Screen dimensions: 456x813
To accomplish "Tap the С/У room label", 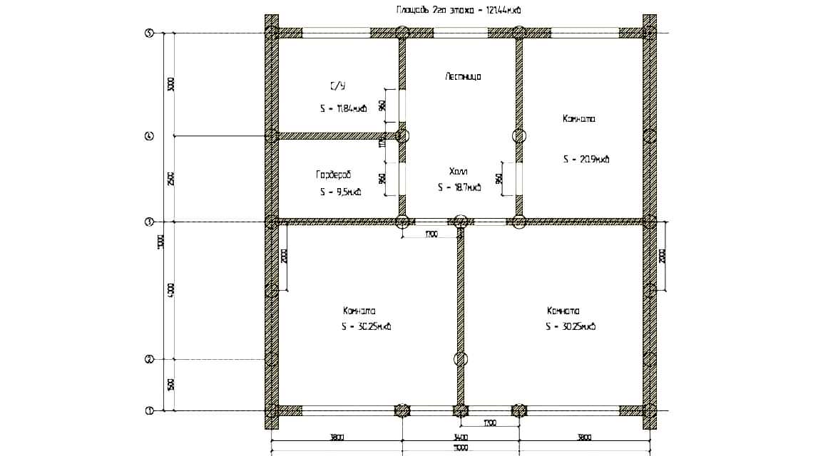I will click(337, 86).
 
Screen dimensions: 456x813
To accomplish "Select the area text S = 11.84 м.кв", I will click(343, 109).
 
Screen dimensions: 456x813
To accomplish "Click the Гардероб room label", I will click(334, 175).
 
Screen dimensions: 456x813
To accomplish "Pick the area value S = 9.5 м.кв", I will click(340, 192).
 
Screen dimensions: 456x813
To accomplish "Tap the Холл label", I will click(459, 172).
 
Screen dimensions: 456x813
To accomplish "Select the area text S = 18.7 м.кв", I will click(459, 188).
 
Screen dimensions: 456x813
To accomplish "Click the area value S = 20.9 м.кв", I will click(586, 160).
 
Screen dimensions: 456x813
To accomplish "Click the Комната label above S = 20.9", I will click(578, 120).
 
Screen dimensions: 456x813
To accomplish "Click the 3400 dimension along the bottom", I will click(460, 437).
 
